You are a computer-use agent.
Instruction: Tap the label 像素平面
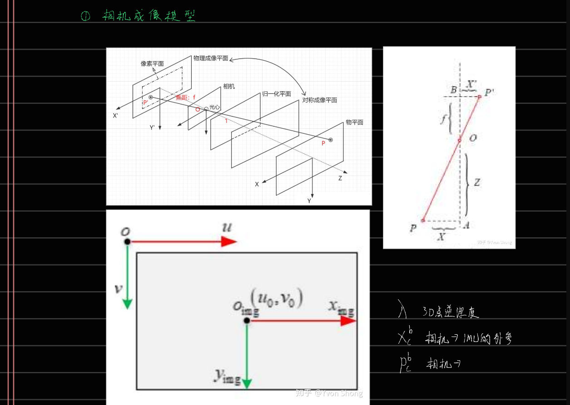point(152,64)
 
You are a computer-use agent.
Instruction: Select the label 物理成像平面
point(210,59)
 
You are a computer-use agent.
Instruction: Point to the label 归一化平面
point(277,94)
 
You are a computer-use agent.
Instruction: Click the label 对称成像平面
point(320,100)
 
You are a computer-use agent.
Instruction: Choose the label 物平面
point(354,122)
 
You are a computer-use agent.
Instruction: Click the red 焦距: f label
point(186,98)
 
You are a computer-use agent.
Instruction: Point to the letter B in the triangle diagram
point(453,90)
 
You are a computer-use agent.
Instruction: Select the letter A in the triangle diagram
point(466,224)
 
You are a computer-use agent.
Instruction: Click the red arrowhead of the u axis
point(229,242)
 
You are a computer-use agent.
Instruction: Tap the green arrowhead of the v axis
point(127,303)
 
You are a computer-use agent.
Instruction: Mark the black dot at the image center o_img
point(247,321)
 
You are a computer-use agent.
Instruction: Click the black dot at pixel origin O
point(127,241)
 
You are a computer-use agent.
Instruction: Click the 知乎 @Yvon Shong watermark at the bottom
point(329,393)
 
